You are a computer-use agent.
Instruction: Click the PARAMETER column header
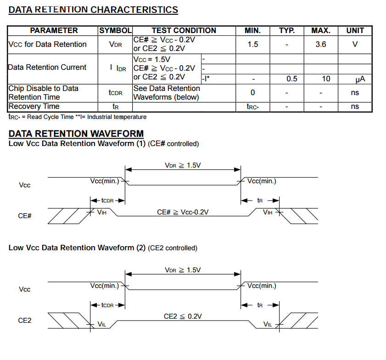(x=54, y=30)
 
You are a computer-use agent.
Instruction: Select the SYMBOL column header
(x=115, y=30)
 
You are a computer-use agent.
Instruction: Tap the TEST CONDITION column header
(x=184, y=30)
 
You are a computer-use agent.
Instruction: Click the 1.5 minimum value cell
(x=252, y=44)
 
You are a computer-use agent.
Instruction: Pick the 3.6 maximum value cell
(x=321, y=44)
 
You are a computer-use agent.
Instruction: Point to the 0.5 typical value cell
(x=291, y=79)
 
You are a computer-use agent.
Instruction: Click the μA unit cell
(x=360, y=79)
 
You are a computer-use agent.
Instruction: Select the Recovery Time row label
(x=34, y=107)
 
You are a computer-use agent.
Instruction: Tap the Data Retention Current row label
(x=47, y=67)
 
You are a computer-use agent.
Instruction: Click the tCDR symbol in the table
(x=115, y=93)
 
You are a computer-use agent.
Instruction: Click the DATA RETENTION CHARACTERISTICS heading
(x=93, y=10)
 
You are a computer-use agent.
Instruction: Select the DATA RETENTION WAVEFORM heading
(x=76, y=134)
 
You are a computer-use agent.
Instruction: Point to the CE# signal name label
(x=25, y=215)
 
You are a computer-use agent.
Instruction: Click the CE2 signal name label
(x=25, y=320)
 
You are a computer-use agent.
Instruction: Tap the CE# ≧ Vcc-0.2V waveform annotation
(x=183, y=212)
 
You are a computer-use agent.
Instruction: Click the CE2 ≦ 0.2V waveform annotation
(x=183, y=316)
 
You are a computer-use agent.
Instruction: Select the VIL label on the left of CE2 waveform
(x=102, y=324)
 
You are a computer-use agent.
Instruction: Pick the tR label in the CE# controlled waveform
(x=260, y=201)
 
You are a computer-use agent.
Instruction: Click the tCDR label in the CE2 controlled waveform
(x=107, y=305)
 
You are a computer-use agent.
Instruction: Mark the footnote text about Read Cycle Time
(x=78, y=117)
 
